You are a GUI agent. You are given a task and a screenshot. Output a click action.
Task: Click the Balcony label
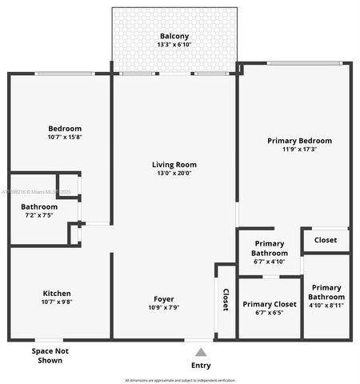pyautogui.click(x=174, y=36)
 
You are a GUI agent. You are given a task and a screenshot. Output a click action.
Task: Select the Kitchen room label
pyautogui.click(x=58, y=294)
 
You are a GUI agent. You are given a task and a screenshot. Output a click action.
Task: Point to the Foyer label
pyautogui.click(x=163, y=299)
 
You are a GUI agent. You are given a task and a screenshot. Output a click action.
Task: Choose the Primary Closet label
pyautogui.click(x=270, y=304)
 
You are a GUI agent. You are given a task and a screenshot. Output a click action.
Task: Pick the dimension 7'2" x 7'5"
pyautogui.click(x=40, y=215)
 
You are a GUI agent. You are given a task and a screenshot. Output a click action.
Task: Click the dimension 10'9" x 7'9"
pyautogui.click(x=163, y=307)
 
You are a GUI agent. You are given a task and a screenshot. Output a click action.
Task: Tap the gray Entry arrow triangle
pyautogui.click(x=201, y=352)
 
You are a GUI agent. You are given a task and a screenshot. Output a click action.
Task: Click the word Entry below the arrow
pyautogui.click(x=202, y=365)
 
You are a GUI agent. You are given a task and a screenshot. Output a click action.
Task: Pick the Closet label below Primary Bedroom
pyautogui.click(x=325, y=240)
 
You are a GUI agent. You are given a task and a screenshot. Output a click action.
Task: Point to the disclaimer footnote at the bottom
pyautogui.click(x=180, y=380)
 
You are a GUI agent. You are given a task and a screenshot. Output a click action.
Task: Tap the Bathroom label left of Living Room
pyautogui.click(x=39, y=206)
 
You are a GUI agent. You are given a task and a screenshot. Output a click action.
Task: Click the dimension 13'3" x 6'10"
pyautogui.click(x=174, y=45)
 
